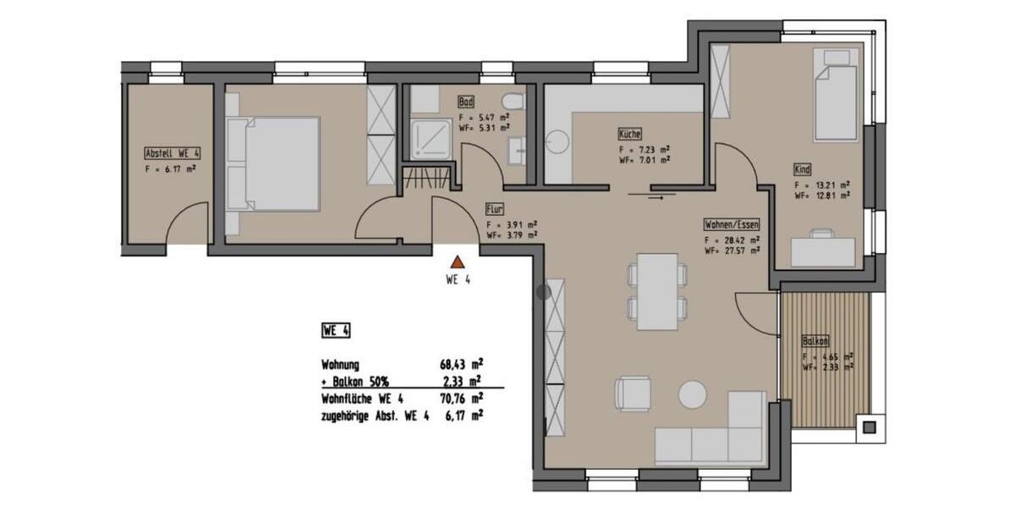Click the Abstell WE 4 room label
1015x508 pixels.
pyautogui.click(x=173, y=153)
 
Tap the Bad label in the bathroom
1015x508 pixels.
pyautogui.click(x=466, y=100)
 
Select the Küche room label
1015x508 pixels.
pyautogui.click(x=629, y=134)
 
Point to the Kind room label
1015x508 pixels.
pyautogui.click(x=802, y=168)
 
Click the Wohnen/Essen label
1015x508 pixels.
pyautogui.click(x=732, y=225)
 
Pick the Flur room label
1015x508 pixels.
pyautogui.click(x=495, y=208)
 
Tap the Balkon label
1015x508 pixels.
pyautogui.click(x=815, y=341)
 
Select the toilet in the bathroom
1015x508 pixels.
pyautogui.click(x=512, y=101)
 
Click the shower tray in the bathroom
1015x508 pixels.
pyautogui.click(x=431, y=137)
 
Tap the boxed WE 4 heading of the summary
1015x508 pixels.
pyautogui.click(x=336, y=329)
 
